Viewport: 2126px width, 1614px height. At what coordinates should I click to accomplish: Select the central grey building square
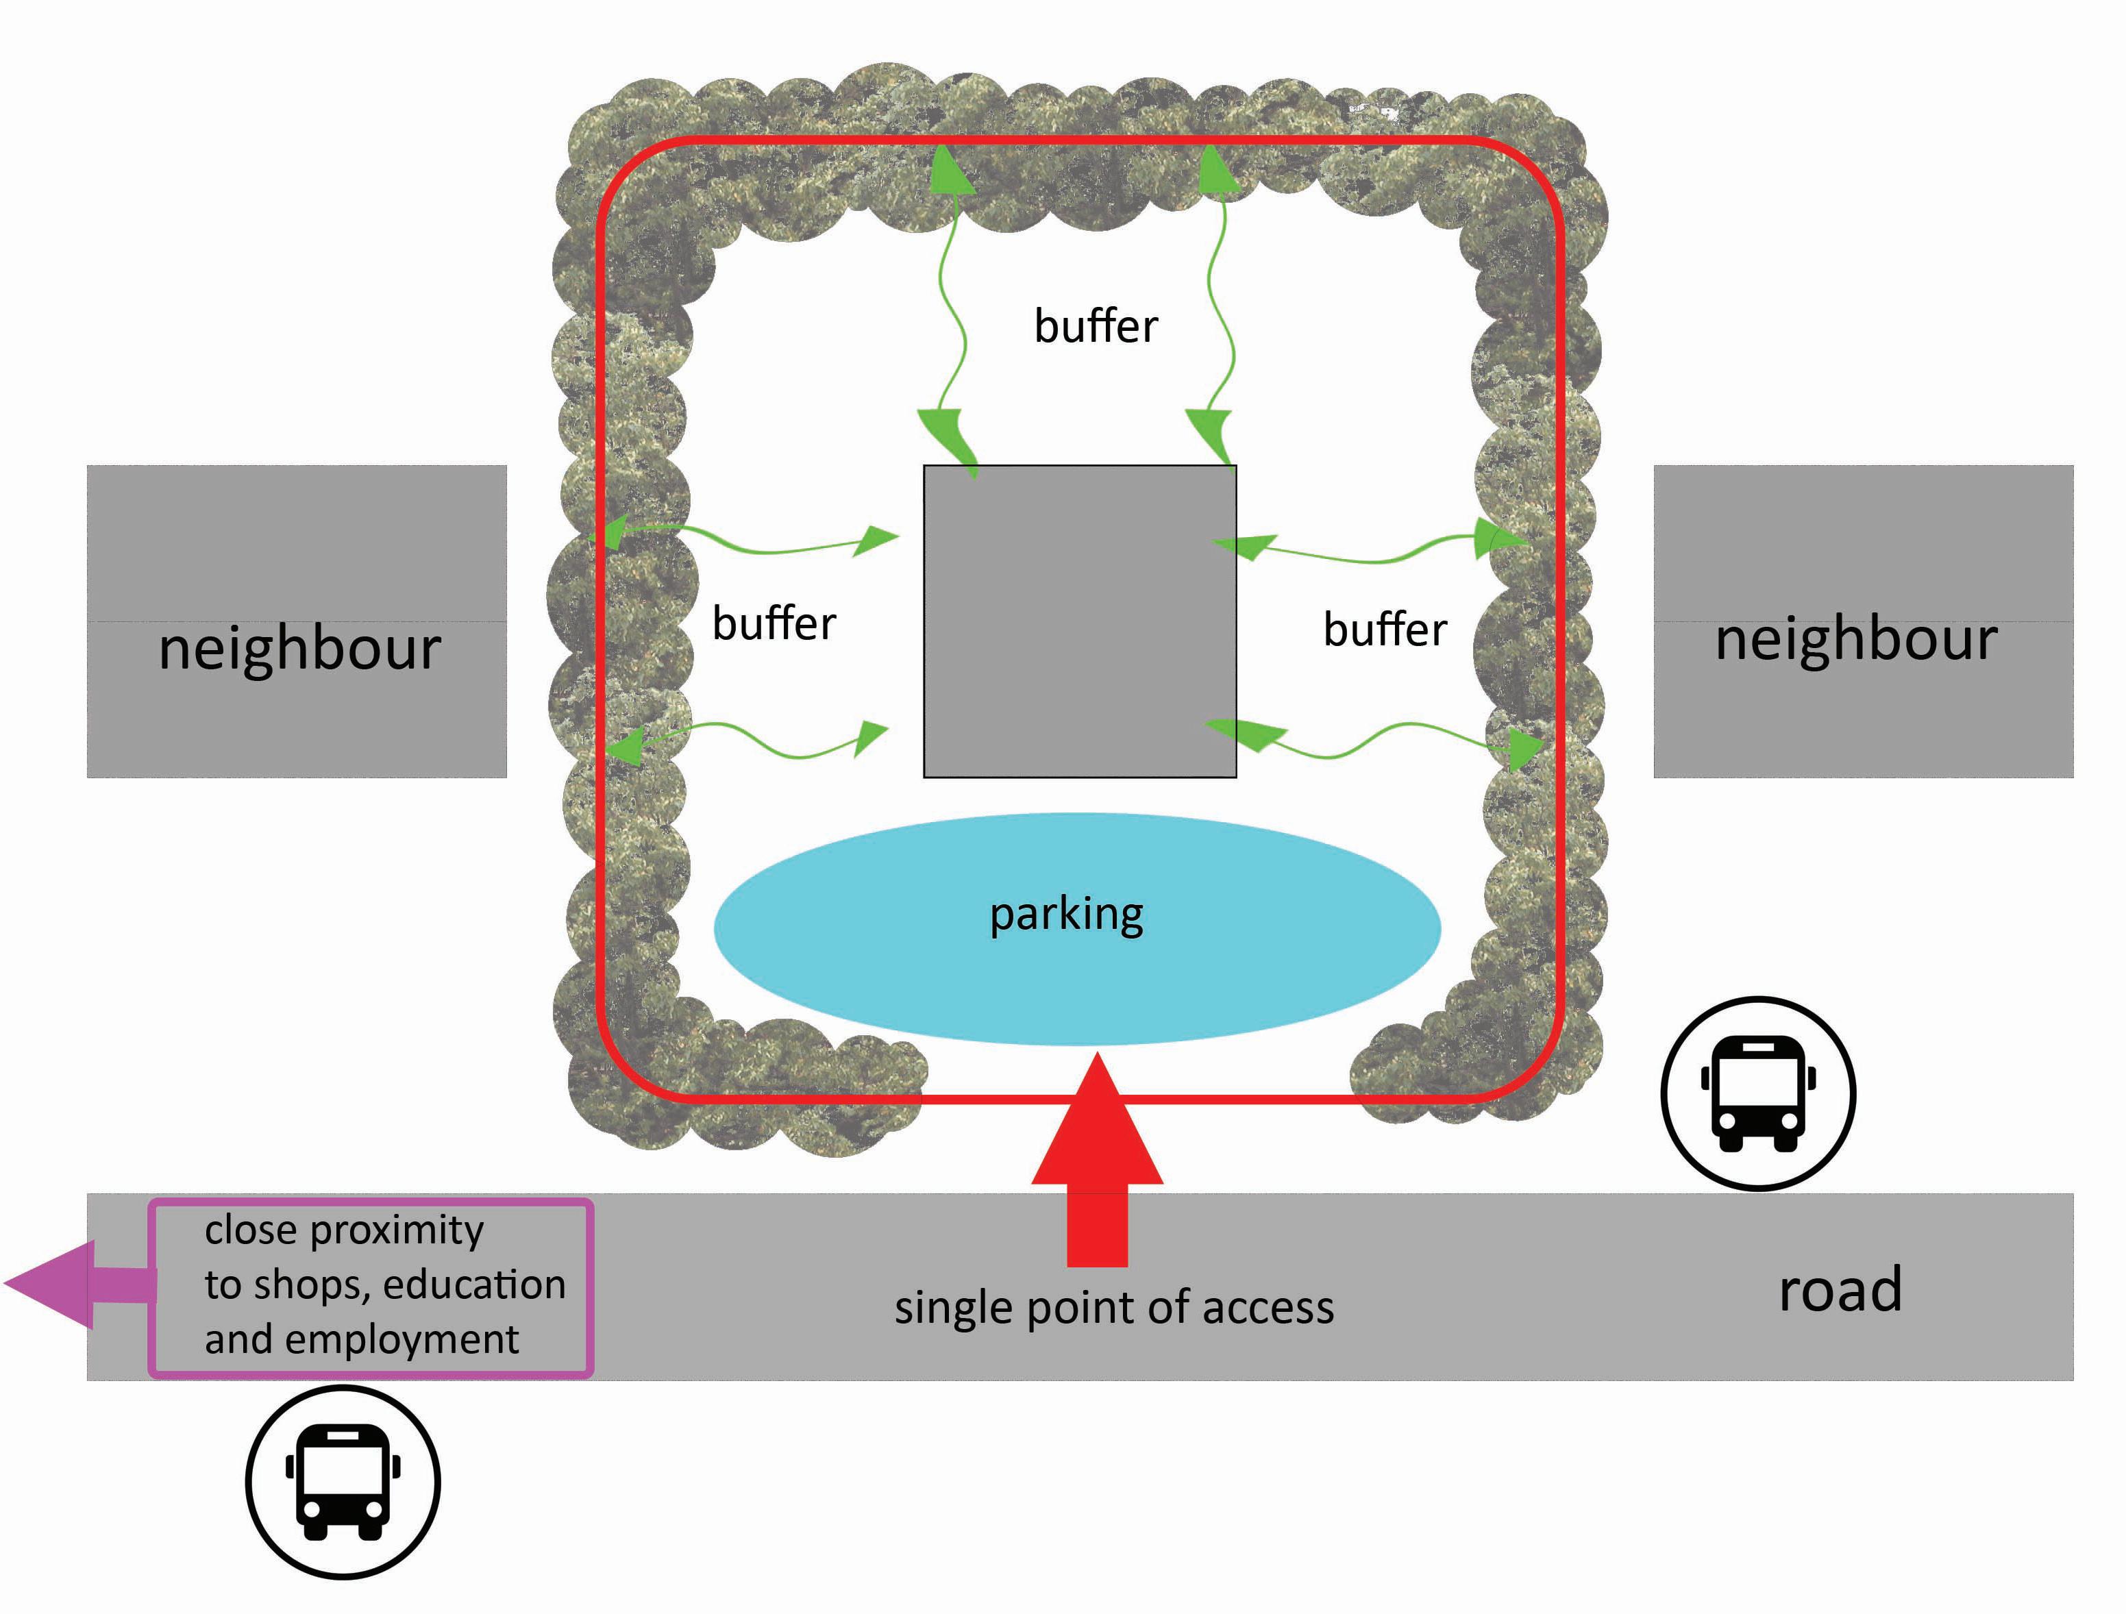pyautogui.click(x=1079, y=621)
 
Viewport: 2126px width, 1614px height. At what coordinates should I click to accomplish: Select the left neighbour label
pyautogui.click(x=300, y=648)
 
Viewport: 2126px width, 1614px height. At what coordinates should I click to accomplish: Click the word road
pyautogui.click(x=1840, y=1289)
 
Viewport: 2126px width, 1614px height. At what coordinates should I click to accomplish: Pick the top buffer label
pyautogui.click(x=1096, y=327)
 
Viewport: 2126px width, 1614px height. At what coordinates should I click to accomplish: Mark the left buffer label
pyautogui.click(x=774, y=624)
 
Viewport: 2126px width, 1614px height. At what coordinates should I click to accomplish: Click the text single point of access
pyautogui.click(x=1114, y=1307)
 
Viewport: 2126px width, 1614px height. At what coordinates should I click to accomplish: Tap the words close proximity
pyautogui.click(x=343, y=1230)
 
